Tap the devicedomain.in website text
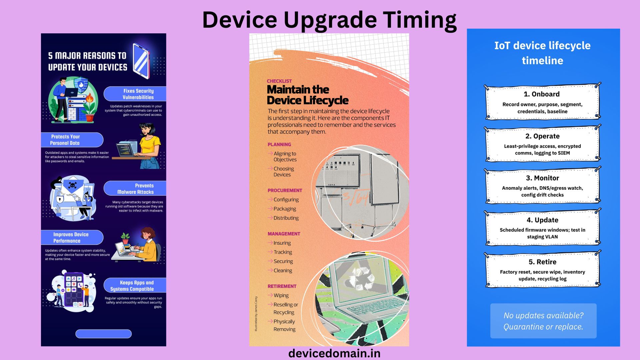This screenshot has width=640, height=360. click(x=334, y=353)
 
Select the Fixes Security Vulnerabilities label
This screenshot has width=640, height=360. click(x=138, y=94)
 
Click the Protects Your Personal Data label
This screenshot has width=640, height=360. click(x=65, y=140)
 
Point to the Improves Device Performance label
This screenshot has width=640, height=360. click(x=70, y=237)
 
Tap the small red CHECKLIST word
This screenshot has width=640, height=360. click(x=279, y=81)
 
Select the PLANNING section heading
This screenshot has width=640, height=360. click(x=279, y=144)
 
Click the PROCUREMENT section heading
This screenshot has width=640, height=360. click(x=285, y=190)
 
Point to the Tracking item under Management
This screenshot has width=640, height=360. click(x=283, y=252)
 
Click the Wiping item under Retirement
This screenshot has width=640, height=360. click(x=281, y=295)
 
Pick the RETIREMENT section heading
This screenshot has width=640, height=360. click(x=282, y=286)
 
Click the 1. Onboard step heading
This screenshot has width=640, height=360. click(x=542, y=94)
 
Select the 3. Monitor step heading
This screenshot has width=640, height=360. click(x=542, y=178)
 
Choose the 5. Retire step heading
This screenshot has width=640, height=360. click(x=542, y=262)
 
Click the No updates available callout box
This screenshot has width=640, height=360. click(x=543, y=321)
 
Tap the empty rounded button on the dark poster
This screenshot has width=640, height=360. click(x=103, y=334)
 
